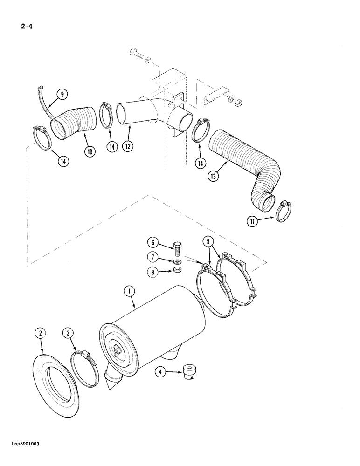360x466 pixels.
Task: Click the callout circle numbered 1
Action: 129,292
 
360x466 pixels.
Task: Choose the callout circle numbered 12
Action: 127,146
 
